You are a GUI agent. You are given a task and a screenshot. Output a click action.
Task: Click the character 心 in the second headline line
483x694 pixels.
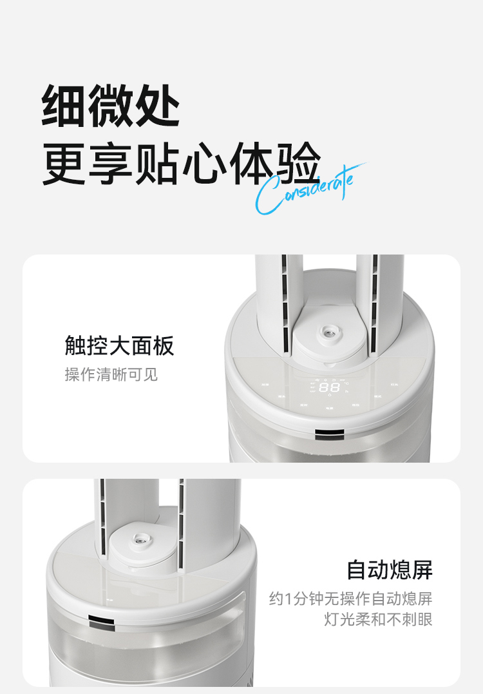point(204,163)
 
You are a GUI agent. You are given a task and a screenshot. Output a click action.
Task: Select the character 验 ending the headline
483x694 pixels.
point(298,163)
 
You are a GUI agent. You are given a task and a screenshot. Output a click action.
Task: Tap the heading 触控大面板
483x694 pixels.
point(119,345)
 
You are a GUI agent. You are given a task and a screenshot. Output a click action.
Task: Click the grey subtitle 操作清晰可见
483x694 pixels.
point(111,374)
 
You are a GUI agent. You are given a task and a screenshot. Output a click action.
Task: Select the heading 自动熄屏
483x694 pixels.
point(389,570)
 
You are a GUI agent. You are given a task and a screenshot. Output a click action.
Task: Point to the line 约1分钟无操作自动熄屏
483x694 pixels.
point(351,599)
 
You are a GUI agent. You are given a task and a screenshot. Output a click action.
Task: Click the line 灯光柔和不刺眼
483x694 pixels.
point(378,619)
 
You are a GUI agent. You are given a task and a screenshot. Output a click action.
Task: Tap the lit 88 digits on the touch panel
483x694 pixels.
point(330,388)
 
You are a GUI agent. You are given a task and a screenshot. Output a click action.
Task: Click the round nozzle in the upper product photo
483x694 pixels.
point(328,331)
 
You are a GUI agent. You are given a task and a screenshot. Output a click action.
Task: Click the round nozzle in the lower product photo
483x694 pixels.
point(139,539)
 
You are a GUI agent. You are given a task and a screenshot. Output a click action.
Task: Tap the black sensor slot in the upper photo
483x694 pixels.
point(329,434)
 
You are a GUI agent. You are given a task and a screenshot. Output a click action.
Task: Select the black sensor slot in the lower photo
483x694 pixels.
point(101,622)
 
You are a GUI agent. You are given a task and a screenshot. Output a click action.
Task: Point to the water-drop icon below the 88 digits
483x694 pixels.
point(330,395)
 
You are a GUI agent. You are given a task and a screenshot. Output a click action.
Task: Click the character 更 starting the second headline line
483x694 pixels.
point(64,163)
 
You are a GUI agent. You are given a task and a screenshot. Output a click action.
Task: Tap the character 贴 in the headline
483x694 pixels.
point(157,163)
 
